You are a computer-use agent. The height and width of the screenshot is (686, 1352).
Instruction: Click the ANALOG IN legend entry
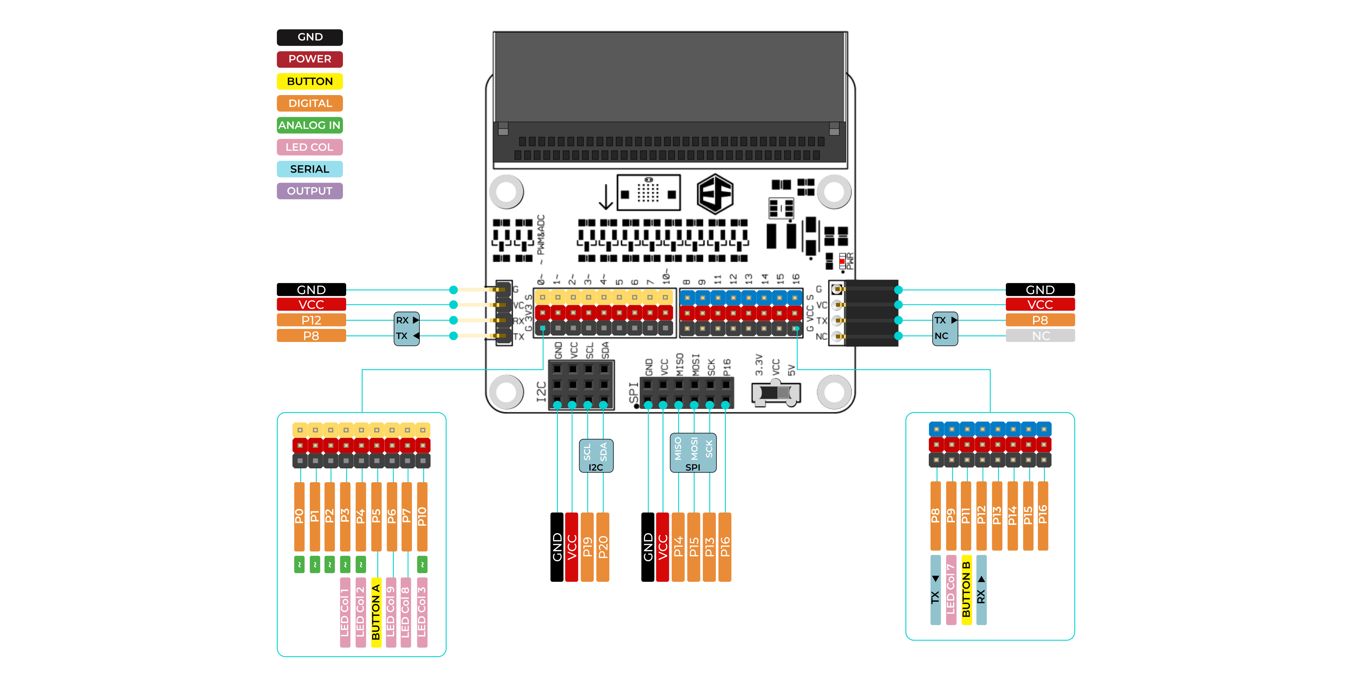(x=310, y=125)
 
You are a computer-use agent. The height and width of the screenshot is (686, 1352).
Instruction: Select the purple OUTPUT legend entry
(x=310, y=191)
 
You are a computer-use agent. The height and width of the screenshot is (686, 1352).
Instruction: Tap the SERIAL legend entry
(x=310, y=169)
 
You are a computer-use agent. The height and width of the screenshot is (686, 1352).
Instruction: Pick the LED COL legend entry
(x=310, y=147)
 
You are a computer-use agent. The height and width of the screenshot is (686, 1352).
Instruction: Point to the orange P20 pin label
(x=603, y=547)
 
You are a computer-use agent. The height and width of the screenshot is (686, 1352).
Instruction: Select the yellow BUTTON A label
(x=376, y=612)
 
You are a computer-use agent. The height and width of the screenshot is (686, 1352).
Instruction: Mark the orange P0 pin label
(x=299, y=517)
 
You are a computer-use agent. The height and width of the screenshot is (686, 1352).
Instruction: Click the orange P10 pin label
(x=422, y=517)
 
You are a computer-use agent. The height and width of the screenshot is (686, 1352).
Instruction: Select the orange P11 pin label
(x=966, y=516)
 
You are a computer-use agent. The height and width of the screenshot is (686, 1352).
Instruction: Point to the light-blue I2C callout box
(x=596, y=456)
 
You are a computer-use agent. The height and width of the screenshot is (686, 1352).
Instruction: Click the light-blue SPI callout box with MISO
(x=693, y=453)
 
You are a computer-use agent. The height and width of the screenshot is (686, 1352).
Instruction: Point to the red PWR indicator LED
(x=842, y=261)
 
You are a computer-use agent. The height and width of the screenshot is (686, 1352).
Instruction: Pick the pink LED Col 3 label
(x=422, y=612)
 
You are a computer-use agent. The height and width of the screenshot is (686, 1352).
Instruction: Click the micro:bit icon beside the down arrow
(x=648, y=193)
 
